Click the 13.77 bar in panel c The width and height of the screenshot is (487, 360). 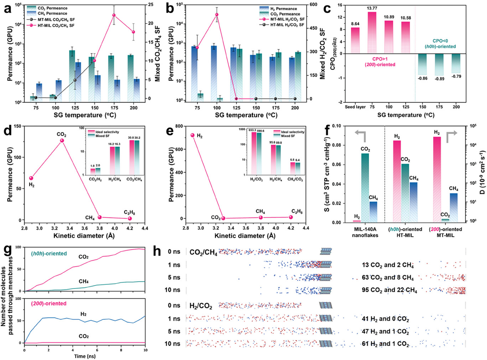click(x=372, y=33)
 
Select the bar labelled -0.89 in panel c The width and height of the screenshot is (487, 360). click(x=439, y=64)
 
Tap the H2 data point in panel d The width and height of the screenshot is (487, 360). click(x=31, y=178)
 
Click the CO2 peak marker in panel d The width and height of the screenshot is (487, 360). click(x=62, y=141)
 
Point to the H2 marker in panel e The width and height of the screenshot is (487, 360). click(x=193, y=135)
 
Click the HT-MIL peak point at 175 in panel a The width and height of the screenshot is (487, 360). click(x=114, y=15)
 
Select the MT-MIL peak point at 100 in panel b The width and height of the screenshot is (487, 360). click(x=217, y=15)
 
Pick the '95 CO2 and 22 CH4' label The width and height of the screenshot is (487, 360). click(x=389, y=290)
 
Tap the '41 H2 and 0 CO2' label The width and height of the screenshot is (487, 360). click(x=385, y=319)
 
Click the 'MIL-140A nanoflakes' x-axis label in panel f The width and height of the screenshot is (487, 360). click(x=365, y=232)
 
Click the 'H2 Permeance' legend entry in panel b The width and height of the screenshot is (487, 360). click(x=283, y=9)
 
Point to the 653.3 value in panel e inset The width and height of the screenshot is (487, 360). click(x=252, y=130)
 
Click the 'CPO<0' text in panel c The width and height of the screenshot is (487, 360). click(x=440, y=41)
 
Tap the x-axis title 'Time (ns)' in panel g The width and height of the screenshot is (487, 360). click(x=85, y=356)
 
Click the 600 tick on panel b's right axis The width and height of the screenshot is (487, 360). click(x=313, y=5)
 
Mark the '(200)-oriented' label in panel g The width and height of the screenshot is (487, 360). click(x=48, y=303)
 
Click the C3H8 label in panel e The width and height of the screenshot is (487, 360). click(x=297, y=212)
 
